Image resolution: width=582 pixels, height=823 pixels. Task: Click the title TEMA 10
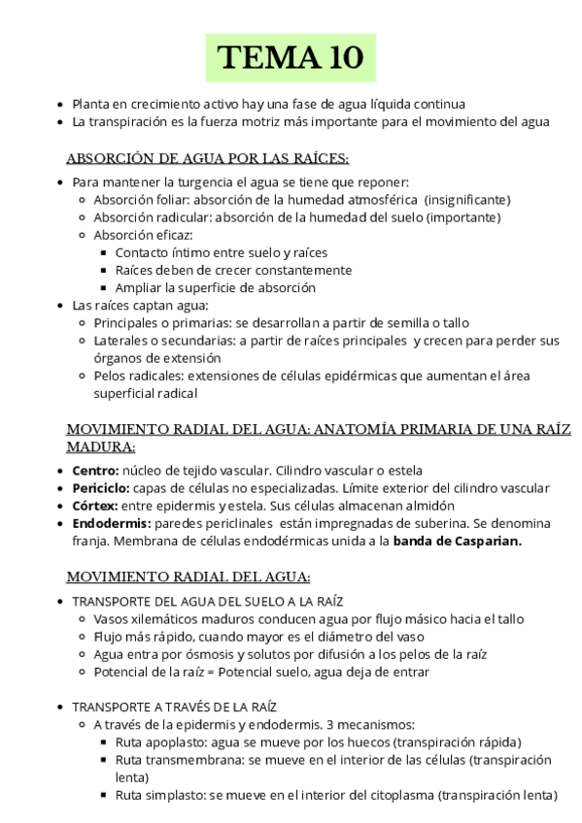click(x=291, y=58)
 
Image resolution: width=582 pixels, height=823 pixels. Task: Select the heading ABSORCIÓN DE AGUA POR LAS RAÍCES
click(x=207, y=158)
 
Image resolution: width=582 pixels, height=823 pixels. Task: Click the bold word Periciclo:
click(x=100, y=488)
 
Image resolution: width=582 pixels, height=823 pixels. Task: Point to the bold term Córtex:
click(x=95, y=506)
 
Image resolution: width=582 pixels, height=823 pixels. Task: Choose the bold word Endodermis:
click(x=110, y=523)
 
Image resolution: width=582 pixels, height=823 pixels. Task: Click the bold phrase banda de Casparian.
click(x=457, y=541)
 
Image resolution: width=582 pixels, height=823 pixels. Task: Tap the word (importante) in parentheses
click(x=459, y=217)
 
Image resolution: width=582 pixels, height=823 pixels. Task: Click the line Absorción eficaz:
click(x=143, y=235)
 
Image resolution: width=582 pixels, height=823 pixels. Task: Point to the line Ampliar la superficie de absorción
click(x=215, y=287)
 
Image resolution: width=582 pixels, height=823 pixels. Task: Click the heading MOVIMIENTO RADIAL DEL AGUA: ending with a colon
click(x=188, y=576)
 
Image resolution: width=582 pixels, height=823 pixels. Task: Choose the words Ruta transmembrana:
click(x=179, y=759)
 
